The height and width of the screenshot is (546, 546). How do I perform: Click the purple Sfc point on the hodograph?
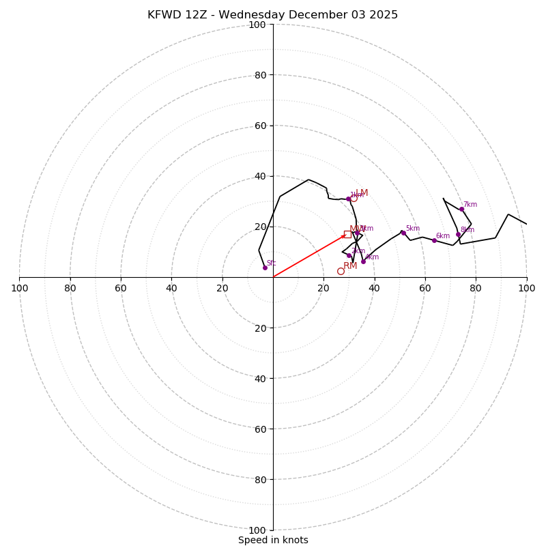pos(265,268)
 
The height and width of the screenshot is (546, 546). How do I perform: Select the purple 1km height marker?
pos(348,199)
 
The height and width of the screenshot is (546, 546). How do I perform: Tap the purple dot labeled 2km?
pos(349,255)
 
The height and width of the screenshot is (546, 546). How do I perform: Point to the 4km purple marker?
pos(363,261)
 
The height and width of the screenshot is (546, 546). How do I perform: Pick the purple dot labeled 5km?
pos(403,233)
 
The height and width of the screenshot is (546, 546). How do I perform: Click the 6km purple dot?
pos(434,240)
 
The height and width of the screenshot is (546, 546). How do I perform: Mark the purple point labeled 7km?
pos(461,209)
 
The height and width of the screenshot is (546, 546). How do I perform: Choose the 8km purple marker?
pos(459,235)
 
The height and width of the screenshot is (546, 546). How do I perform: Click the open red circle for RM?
pos(341,271)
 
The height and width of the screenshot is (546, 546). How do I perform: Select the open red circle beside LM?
pos(354,198)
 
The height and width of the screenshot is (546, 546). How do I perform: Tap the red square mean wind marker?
pos(347,234)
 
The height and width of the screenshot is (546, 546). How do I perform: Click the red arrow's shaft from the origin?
pos(307,257)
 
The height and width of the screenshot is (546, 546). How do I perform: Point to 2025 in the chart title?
pos(385,15)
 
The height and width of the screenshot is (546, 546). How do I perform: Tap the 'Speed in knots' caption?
pos(273,540)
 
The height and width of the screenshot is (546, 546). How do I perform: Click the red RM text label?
pos(350,266)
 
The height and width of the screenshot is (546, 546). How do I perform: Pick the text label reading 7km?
pos(470,205)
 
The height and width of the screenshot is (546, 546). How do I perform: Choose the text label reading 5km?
pos(413,229)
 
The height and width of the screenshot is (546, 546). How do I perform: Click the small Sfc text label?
pos(271,263)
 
